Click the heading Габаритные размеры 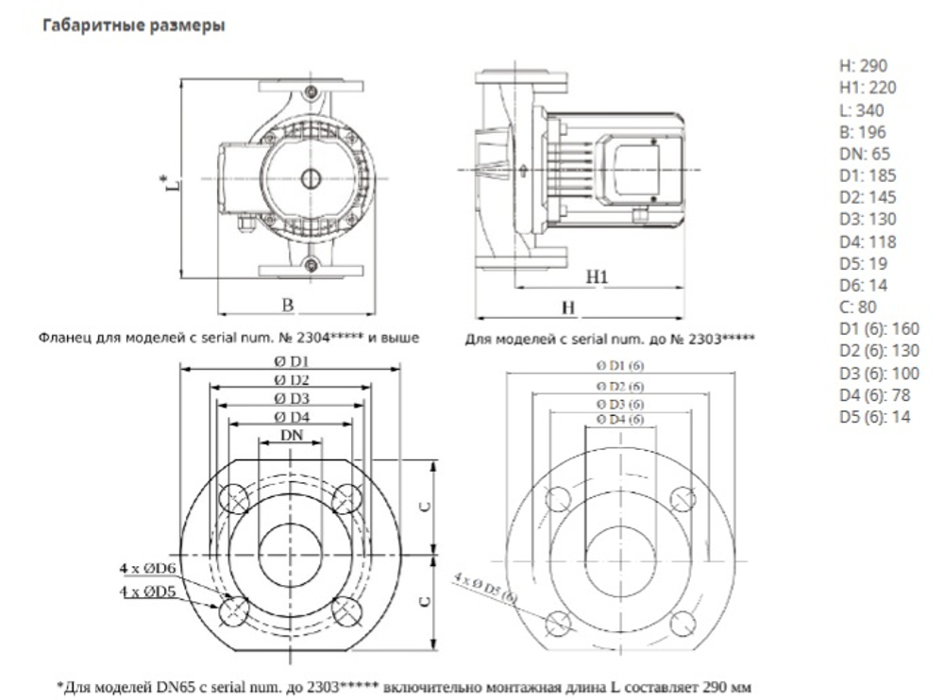pos(132,27)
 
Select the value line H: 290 pos(863,66)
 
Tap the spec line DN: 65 pos(865,154)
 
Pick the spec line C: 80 pos(858,307)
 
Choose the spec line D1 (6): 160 pos(878,328)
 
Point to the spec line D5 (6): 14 pos(874,416)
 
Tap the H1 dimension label pos(595,277)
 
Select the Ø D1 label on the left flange pos(293,361)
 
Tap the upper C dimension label pos(426,506)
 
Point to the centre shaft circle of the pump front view pos(309,177)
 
